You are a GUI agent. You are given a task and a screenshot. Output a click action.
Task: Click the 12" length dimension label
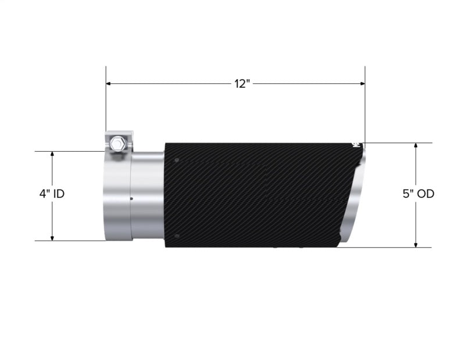point(242,84)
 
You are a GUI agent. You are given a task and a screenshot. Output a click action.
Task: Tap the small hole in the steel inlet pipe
point(131,199)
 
